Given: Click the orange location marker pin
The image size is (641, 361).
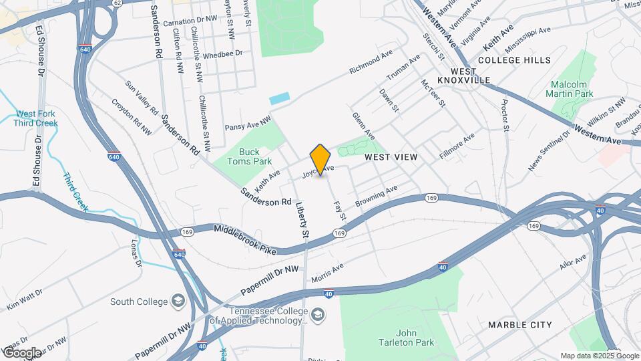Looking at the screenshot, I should (320, 160).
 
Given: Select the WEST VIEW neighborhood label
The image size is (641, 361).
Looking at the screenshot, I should (391, 157).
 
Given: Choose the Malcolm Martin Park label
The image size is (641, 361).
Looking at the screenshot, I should (572, 89).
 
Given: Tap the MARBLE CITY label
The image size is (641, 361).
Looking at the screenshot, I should (519, 325).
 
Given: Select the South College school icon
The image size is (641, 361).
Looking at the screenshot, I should (178, 301).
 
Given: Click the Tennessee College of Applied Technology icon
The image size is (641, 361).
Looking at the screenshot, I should (318, 314).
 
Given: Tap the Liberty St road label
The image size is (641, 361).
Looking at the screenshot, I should (302, 221).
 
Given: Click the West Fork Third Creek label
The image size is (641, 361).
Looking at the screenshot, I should (36, 118).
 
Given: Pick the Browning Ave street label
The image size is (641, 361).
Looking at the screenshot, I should (376, 194).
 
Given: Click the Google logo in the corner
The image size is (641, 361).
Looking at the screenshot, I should (22, 352).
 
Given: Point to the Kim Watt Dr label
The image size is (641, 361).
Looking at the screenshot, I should (25, 299).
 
